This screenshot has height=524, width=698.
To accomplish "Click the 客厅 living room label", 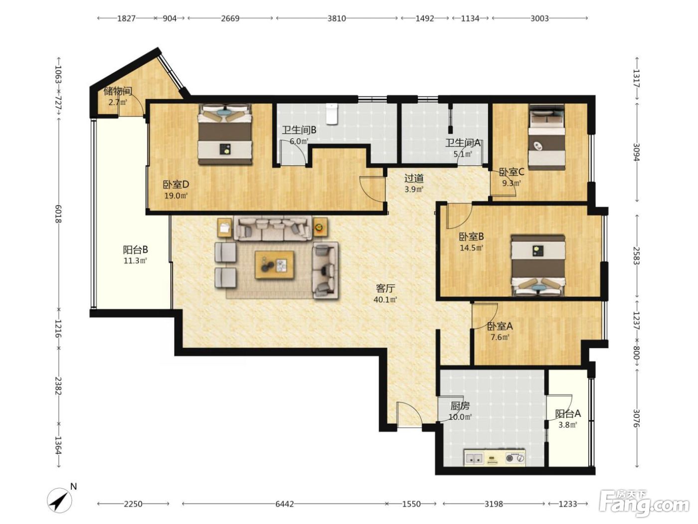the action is coord(385,288).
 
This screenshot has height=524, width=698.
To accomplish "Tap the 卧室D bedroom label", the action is coord(176,185).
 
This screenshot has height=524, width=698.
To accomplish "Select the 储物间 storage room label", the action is coord(118,91).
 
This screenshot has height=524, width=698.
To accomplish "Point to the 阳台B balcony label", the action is coord(136,250).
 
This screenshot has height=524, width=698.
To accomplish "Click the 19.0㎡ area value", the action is coord(176,196).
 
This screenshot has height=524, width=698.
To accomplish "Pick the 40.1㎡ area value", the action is coord(385,299).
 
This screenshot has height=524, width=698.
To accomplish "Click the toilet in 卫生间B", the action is coord(332,113).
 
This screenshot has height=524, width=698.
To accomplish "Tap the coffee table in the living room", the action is coord(274,264).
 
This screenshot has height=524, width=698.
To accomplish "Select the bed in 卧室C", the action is coord(547,138).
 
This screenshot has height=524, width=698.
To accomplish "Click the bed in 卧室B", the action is coord(538,265).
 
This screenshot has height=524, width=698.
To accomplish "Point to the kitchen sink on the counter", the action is coord(474,459).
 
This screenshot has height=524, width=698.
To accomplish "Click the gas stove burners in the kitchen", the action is coord(515,458).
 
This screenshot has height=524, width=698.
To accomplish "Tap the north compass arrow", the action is coord(60,502).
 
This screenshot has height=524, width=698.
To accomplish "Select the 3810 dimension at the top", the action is coord(337,18).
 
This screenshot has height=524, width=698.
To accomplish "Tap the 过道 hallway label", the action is coord(414,178).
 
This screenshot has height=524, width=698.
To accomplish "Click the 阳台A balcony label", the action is coord(567,413).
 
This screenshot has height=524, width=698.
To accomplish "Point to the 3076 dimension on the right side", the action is coord(636,418).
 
